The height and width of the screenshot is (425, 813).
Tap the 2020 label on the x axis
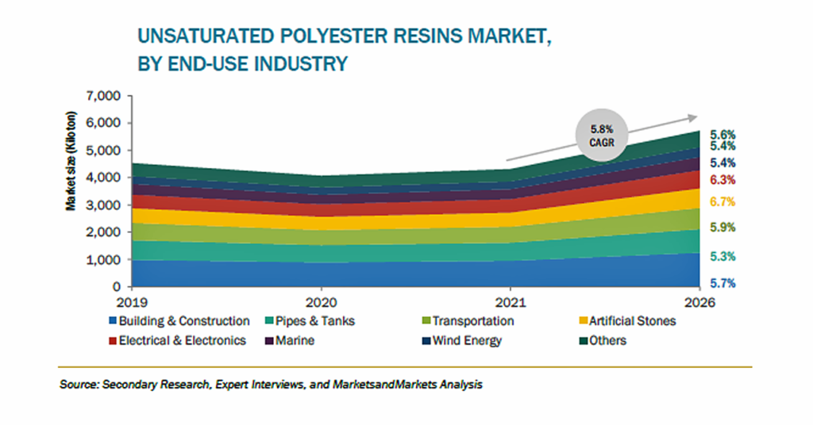click(321, 302)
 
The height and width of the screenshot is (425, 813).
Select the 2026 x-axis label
click(699, 302)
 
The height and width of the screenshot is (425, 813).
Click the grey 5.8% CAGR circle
click(602, 136)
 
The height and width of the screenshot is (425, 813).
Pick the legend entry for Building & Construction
click(179, 321)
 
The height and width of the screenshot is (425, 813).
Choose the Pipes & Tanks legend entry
click(310, 321)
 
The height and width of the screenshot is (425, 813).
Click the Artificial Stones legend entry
click(627, 321)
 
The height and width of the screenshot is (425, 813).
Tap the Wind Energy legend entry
click(462, 341)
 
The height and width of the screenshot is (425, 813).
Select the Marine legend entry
click(290, 341)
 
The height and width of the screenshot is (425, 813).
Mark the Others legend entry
click(603, 341)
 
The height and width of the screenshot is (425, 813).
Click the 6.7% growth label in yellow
click(722, 202)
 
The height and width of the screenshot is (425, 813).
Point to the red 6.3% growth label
click(722, 180)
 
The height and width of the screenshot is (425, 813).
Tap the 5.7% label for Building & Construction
click(722, 283)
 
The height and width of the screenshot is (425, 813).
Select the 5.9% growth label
click(722, 228)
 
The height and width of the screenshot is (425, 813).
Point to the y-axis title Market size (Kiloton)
click(71, 161)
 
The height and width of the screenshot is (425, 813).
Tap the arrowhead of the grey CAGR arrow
click(692, 118)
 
